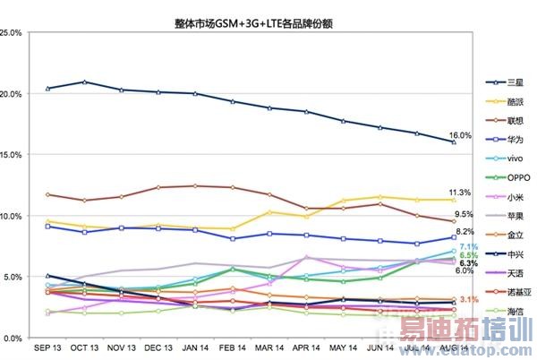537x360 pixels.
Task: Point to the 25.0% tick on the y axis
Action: tap(12, 33)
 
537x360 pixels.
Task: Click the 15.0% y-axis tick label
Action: tap(12, 155)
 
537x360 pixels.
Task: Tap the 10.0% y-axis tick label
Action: tap(12, 216)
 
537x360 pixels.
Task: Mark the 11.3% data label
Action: tap(460, 193)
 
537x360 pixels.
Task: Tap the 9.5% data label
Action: tap(464, 215)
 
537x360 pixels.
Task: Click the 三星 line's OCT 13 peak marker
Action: tap(84, 81)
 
